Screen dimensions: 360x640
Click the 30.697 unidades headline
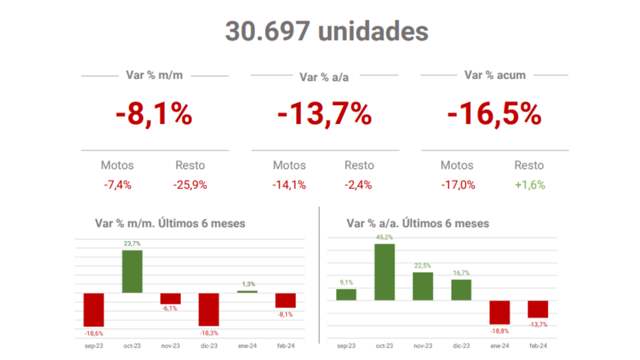pos(326,31)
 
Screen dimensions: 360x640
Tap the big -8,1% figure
pos(154,114)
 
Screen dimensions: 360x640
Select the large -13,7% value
pos(324,114)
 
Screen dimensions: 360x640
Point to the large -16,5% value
pos(494,114)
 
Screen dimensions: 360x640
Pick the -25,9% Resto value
pos(190,185)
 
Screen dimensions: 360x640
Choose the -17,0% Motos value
pos(458,185)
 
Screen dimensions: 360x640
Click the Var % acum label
pos(495,75)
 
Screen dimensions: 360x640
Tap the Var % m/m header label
pos(154,75)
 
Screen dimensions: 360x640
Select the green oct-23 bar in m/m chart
pos(132,271)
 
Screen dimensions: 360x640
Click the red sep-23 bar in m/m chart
pos(93,309)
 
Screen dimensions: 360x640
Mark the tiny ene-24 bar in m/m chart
pos(247,291)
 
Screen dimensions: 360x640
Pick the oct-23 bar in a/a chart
pos(384,272)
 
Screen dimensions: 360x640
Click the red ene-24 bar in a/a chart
pos(499,312)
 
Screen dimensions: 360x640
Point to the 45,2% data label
pos(384,237)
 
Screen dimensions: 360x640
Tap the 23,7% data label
pos(132,243)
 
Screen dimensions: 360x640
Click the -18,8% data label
pos(499,330)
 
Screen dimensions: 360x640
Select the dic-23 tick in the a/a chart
pos(461,346)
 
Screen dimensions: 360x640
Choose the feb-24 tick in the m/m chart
pos(285,346)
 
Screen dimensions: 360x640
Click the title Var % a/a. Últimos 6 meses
pos(417,223)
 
